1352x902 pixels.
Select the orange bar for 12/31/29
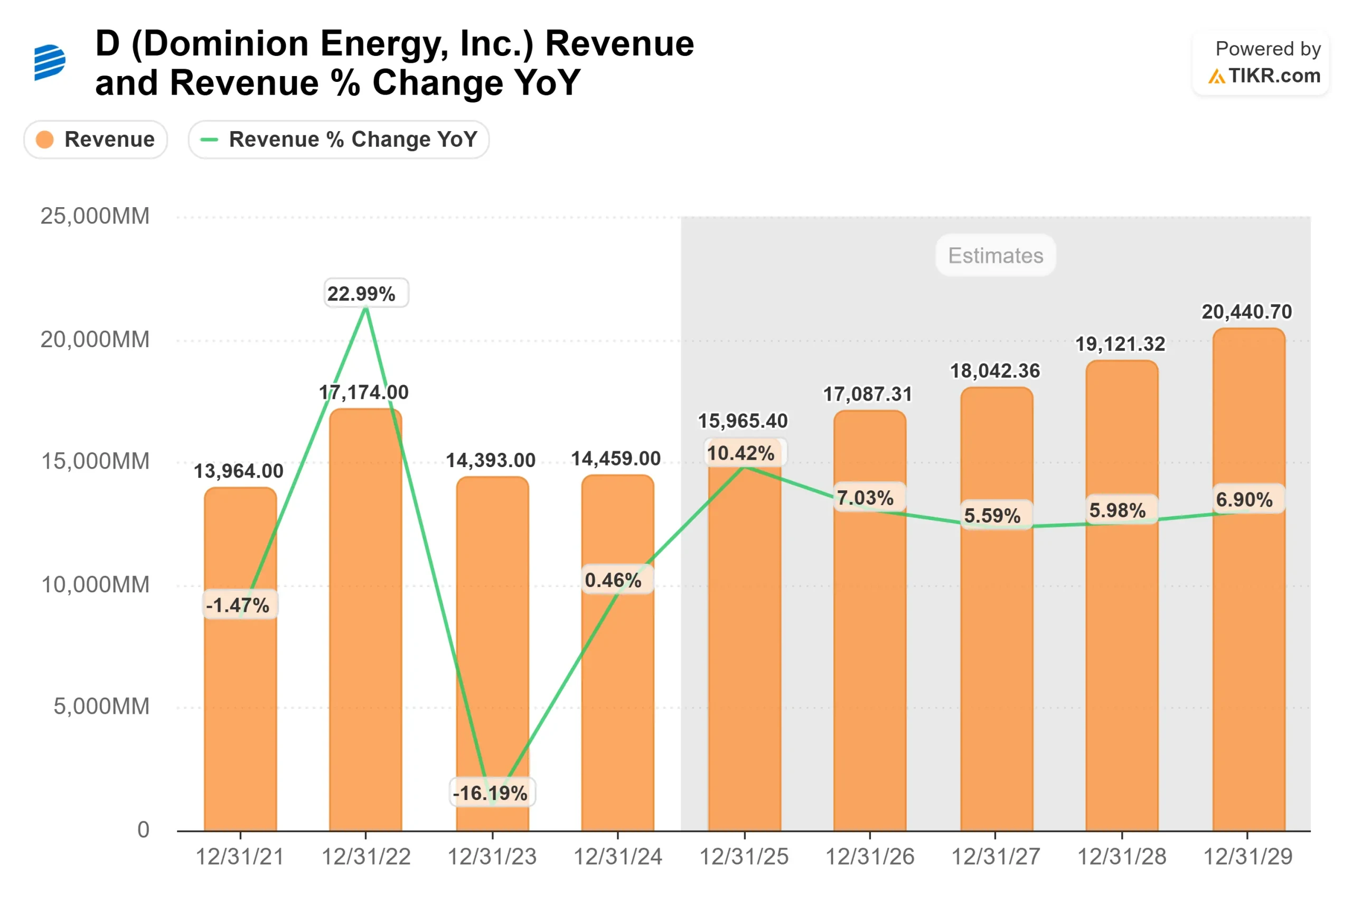[x=1248, y=662]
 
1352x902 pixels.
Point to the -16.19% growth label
[x=492, y=793]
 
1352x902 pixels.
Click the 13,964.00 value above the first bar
[x=239, y=471]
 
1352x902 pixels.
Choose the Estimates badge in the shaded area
[x=995, y=255]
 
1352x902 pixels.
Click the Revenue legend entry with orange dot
[x=96, y=139]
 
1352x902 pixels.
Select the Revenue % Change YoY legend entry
[x=339, y=139]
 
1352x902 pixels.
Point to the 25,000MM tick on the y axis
[x=95, y=216]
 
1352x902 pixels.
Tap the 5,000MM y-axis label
[x=101, y=706]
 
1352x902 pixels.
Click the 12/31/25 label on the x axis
[x=744, y=857]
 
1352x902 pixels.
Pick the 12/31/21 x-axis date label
[x=240, y=857]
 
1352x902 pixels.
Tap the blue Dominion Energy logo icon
[x=50, y=62]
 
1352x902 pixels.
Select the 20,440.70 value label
[x=1247, y=312]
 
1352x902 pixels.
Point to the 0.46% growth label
[x=613, y=580]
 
